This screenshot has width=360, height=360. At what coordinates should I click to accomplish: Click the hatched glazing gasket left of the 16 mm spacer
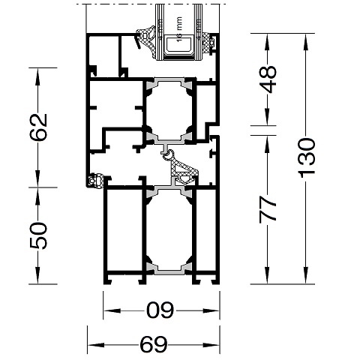tap(145, 36)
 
